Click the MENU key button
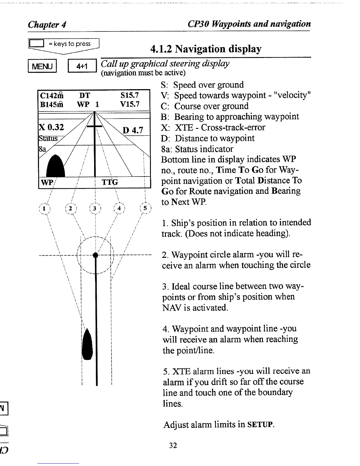42,66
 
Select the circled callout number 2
70,209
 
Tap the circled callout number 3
95,209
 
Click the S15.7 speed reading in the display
129,95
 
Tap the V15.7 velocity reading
129,104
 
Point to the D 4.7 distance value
132,130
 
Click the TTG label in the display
110,182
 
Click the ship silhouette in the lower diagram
87,344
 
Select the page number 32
173,445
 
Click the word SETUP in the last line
261,425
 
